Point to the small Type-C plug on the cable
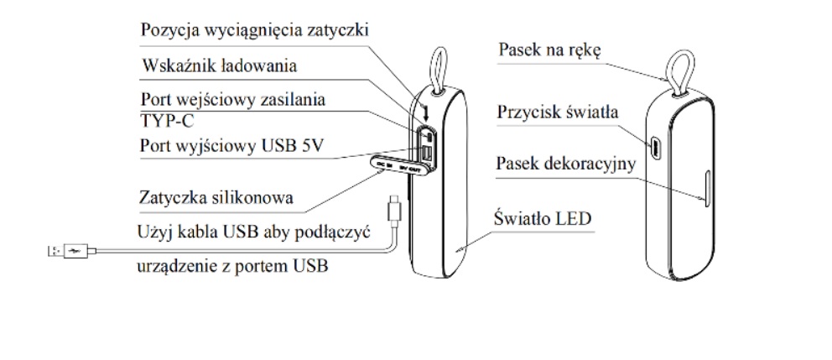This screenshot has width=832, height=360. point(393,206)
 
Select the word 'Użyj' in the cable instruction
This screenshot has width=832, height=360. point(153,231)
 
